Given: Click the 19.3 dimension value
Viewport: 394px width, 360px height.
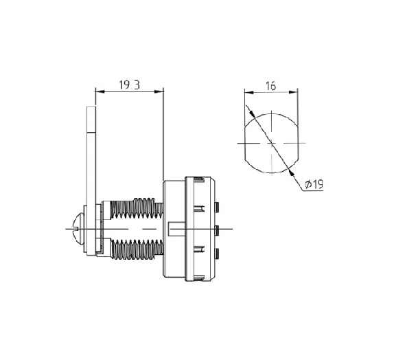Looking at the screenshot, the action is pos(129,85).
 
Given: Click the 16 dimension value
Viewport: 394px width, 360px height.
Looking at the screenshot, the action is pos(271,86).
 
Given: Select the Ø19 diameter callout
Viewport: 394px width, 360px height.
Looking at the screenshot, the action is pos(314,184).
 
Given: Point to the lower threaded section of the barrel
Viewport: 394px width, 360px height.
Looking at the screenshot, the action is pos(137,249).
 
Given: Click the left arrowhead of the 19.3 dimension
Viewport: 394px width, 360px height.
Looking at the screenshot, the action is pos(100,91).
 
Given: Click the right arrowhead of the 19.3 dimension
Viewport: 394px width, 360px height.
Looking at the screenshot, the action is pos(159,91).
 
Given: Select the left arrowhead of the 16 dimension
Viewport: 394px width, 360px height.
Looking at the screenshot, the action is pos(248,92).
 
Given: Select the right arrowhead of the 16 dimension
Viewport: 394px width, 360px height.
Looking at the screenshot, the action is pos(293,92).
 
